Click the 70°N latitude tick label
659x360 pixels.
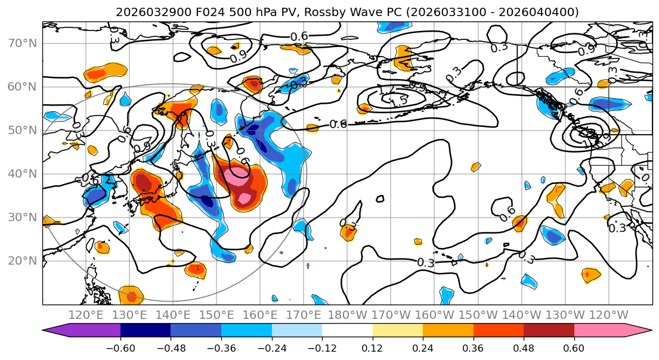pyautogui.click(x=22, y=43)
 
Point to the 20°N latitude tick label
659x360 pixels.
pyautogui.click(x=22, y=260)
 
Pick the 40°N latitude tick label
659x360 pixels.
pyautogui.click(x=22, y=173)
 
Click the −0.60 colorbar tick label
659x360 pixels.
pyautogui.click(x=120, y=347)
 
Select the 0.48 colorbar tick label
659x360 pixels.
pyautogui.click(x=524, y=347)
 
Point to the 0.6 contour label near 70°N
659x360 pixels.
pyautogui.click(x=299, y=36)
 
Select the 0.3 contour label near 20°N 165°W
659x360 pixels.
pyautogui.click(x=426, y=262)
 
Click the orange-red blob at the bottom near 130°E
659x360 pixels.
pyautogui.click(x=131, y=295)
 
